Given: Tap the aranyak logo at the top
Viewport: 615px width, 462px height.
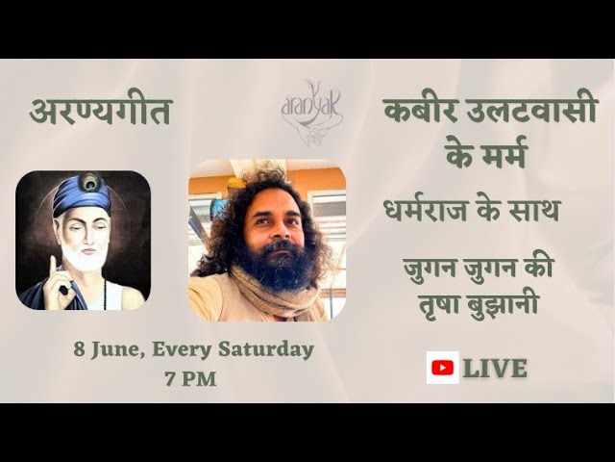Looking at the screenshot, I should [310, 108].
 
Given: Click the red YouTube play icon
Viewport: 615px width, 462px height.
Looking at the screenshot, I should [442, 367].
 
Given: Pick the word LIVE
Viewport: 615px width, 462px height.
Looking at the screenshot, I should [495, 368].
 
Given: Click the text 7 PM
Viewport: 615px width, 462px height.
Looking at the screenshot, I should [190, 377].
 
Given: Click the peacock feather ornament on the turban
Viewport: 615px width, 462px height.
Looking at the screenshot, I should [91, 181].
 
